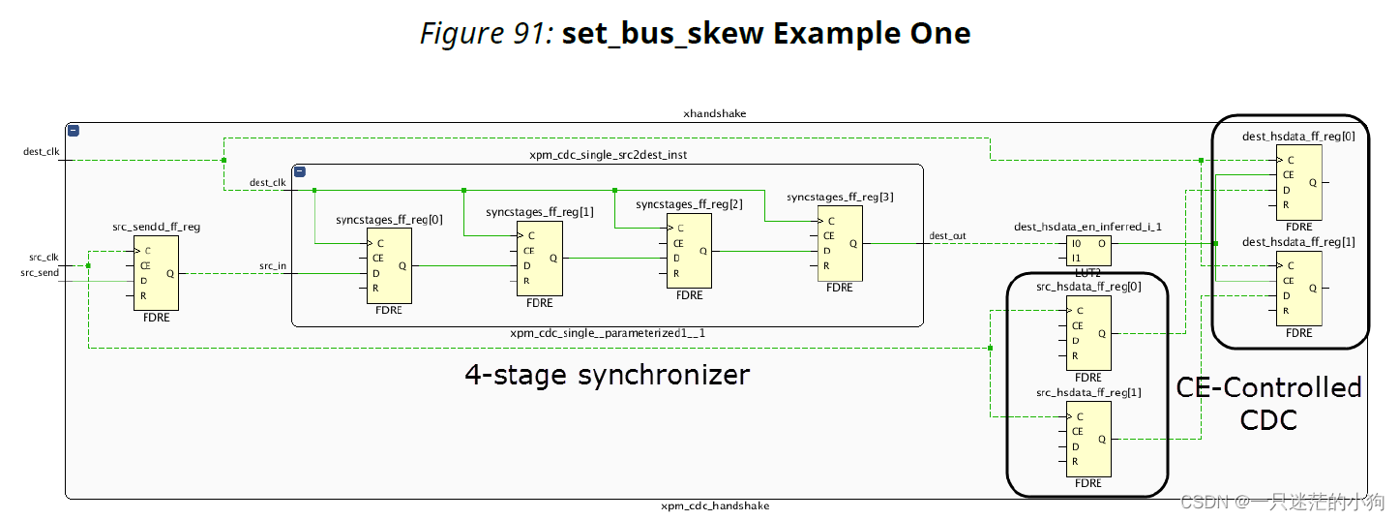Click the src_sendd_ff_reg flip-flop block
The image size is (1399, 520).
pyautogui.click(x=156, y=274)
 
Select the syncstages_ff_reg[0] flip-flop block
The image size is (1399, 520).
pyautogui.click(x=389, y=265)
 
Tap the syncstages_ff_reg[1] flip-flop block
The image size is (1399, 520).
pyautogui.click(x=539, y=258)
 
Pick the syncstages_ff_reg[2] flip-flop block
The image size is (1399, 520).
pyautogui.click(x=689, y=251)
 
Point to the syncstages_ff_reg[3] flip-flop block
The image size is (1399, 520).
pyautogui.click(x=840, y=243)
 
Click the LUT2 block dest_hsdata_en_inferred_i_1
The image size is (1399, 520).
pyautogui.click(x=1088, y=252)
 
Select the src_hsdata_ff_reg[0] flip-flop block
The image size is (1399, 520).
pyautogui.click(x=1087, y=333)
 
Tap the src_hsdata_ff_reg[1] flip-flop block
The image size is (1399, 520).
pyautogui.click(x=1087, y=439)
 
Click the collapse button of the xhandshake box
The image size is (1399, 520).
pyautogui.click(x=74, y=131)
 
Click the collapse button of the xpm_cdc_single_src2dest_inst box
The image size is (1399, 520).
pyautogui.click(x=300, y=171)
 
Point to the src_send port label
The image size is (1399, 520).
pyautogui.click(x=40, y=273)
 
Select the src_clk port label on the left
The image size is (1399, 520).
pyautogui.click(x=43, y=258)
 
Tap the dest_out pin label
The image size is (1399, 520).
pyautogui.click(x=947, y=235)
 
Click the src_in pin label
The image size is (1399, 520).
pyautogui.click(x=272, y=265)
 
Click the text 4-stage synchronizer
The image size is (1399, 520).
pyautogui.click(x=607, y=375)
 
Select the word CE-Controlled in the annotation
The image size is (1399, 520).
pyautogui.click(x=1268, y=388)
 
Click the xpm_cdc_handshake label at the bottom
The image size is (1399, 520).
pyautogui.click(x=715, y=505)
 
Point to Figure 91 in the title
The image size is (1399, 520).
pyautogui.click(x=486, y=34)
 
